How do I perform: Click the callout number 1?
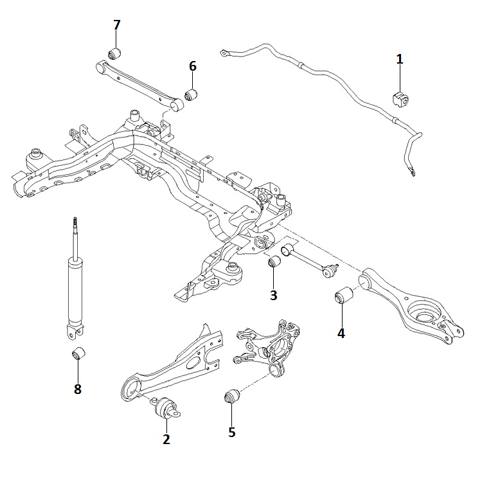click(x=400, y=60)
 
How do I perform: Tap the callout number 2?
click(x=166, y=440)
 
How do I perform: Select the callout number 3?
click(x=273, y=295)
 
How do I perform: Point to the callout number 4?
click(x=341, y=333)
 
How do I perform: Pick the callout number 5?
click(x=231, y=432)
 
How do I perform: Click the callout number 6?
click(x=192, y=66)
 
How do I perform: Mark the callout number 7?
click(x=116, y=25)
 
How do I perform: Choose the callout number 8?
click(x=78, y=389)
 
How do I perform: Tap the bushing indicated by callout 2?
click(x=168, y=407)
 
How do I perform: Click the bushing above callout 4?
click(x=343, y=298)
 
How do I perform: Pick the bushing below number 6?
click(x=192, y=94)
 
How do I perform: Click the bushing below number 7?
click(x=116, y=51)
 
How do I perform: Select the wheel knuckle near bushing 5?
click(x=270, y=344)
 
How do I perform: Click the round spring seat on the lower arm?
click(x=425, y=315)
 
